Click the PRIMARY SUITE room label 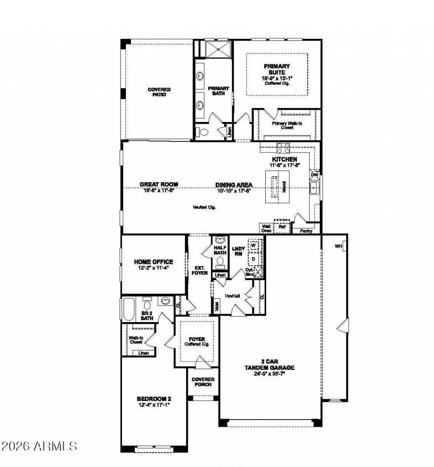pos(277,69)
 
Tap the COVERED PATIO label pos(159,92)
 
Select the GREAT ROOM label pos(159,184)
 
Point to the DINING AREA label pos(234,185)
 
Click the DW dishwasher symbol pos(314,174)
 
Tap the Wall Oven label pos(266,228)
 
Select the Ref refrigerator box pos(281,227)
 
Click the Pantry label pos(306,231)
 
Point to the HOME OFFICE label pos(153,262)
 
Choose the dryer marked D pos(253,258)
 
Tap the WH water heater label pos(339,246)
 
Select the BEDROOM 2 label pos(153,399)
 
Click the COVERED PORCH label pos(203,382)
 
